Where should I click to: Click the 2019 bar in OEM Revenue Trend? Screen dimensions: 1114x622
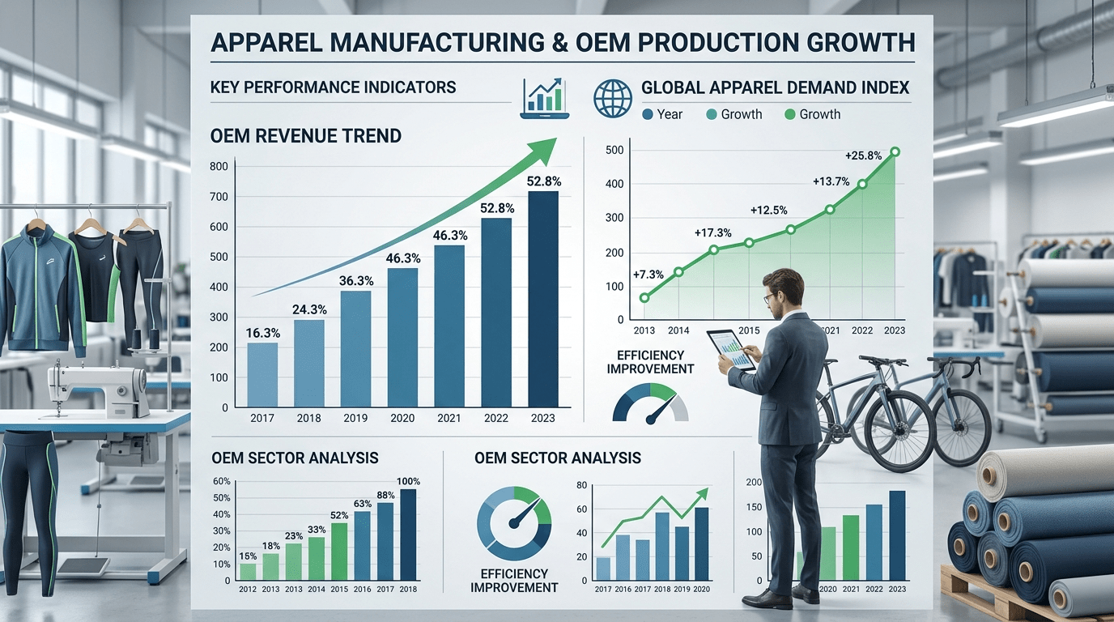click(355, 349)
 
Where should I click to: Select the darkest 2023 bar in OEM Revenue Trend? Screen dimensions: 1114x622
click(543, 299)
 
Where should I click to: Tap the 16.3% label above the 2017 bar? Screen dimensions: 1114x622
click(263, 333)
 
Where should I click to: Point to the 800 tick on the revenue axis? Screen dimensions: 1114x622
click(219, 166)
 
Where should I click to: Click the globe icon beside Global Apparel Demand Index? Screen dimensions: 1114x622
click(613, 98)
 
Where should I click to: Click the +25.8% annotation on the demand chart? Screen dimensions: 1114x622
click(863, 155)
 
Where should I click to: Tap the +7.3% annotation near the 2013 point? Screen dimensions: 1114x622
click(648, 275)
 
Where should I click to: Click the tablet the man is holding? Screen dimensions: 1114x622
click(732, 349)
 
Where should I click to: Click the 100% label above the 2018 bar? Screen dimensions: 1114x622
click(408, 481)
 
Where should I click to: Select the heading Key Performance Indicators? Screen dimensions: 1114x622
click(333, 87)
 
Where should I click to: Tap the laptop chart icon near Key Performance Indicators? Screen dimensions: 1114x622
click(545, 99)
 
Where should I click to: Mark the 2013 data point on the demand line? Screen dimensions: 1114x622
click(644, 298)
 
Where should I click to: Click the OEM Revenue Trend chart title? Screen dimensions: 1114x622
click(306, 136)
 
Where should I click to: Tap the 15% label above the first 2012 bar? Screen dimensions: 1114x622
click(248, 556)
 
